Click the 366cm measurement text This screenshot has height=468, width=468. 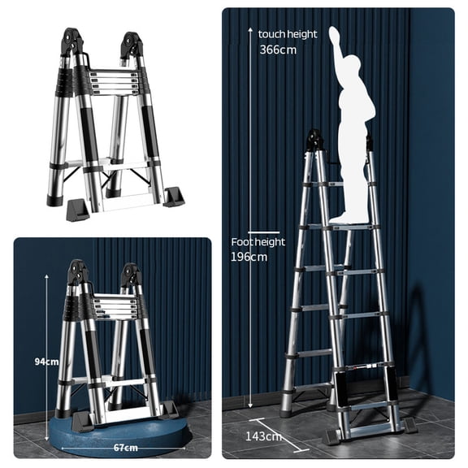point(278,50)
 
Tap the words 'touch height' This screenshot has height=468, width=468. point(288,34)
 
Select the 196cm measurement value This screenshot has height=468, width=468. point(249,257)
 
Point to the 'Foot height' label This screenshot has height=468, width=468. point(258,242)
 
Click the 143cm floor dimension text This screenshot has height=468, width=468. point(263,436)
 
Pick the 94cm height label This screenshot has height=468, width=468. point(46,362)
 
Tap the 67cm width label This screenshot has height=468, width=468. point(126,448)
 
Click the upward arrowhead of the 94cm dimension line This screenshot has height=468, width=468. point(46,276)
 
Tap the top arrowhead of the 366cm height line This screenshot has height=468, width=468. point(251,30)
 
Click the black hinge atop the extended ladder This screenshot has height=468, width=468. point(315,141)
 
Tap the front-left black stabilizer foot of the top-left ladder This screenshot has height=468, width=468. point(76,210)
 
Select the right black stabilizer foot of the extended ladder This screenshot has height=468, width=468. point(409,424)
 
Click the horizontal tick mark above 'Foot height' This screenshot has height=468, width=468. point(264,232)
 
